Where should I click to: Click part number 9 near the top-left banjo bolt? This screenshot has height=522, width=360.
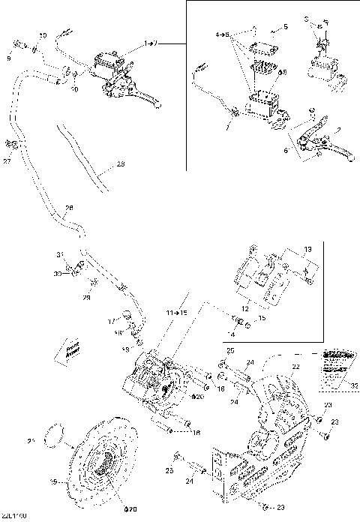(10, 58)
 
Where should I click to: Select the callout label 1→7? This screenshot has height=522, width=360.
(151, 45)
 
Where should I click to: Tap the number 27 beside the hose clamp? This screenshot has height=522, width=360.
(7, 160)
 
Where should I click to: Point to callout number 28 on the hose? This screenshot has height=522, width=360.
(69, 208)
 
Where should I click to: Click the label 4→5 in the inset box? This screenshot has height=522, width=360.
(221, 35)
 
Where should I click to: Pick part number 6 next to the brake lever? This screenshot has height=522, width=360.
(286, 149)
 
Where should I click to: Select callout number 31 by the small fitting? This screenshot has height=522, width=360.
(63, 256)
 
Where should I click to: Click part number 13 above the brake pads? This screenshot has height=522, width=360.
(307, 248)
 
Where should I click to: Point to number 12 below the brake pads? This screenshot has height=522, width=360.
(265, 308)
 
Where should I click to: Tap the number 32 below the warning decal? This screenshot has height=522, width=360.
(354, 386)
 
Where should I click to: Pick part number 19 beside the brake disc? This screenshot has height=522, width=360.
(52, 482)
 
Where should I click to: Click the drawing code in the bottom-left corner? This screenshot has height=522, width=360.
(15, 517)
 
